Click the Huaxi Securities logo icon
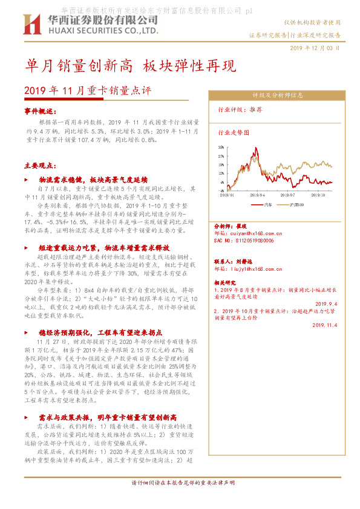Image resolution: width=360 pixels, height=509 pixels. pyautogui.click(x=29, y=25)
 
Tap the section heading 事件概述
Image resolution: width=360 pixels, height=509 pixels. pyautogui.click(x=41, y=111)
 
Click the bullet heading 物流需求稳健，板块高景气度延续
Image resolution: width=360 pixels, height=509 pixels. pyautogui.click(x=93, y=180)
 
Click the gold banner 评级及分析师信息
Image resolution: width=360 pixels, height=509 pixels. pyautogui.click(x=277, y=96)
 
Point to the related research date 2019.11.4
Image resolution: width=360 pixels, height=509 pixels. pyautogui.click(x=326, y=325)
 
